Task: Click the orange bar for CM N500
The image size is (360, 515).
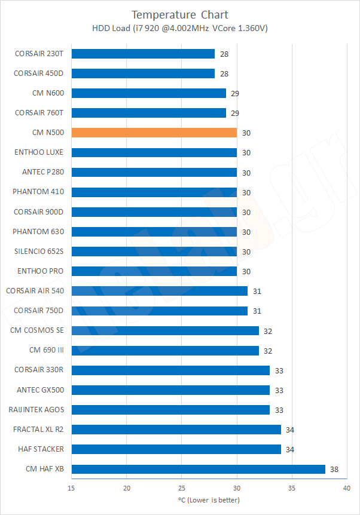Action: pos(154,133)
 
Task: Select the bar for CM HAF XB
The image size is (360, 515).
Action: pos(198,469)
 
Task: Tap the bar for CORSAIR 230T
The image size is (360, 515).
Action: pos(143,54)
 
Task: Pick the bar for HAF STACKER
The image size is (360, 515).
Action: pos(176,449)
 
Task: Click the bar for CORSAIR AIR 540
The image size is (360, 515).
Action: pos(160,291)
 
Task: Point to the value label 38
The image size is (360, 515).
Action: pos(334,470)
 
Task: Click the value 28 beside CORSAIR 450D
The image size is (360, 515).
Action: pos(224,73)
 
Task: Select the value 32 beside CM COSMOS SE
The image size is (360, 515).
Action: pos(269,331)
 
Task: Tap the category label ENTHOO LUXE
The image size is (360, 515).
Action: pos(39,152)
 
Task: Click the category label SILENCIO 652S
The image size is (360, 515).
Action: pos(38,252)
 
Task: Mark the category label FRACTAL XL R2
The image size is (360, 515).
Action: pos(38,430)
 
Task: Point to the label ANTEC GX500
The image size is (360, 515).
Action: pos(41,390)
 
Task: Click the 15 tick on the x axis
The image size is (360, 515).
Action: pos(72,488)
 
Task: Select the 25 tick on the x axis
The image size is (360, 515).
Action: pos(182,488)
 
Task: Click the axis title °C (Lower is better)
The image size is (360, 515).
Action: pos(209,500)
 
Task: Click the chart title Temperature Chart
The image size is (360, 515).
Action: pos(180,14)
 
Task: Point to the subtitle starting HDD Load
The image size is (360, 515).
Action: pos(180,29)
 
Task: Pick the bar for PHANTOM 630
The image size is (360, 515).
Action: pos(154,232)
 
